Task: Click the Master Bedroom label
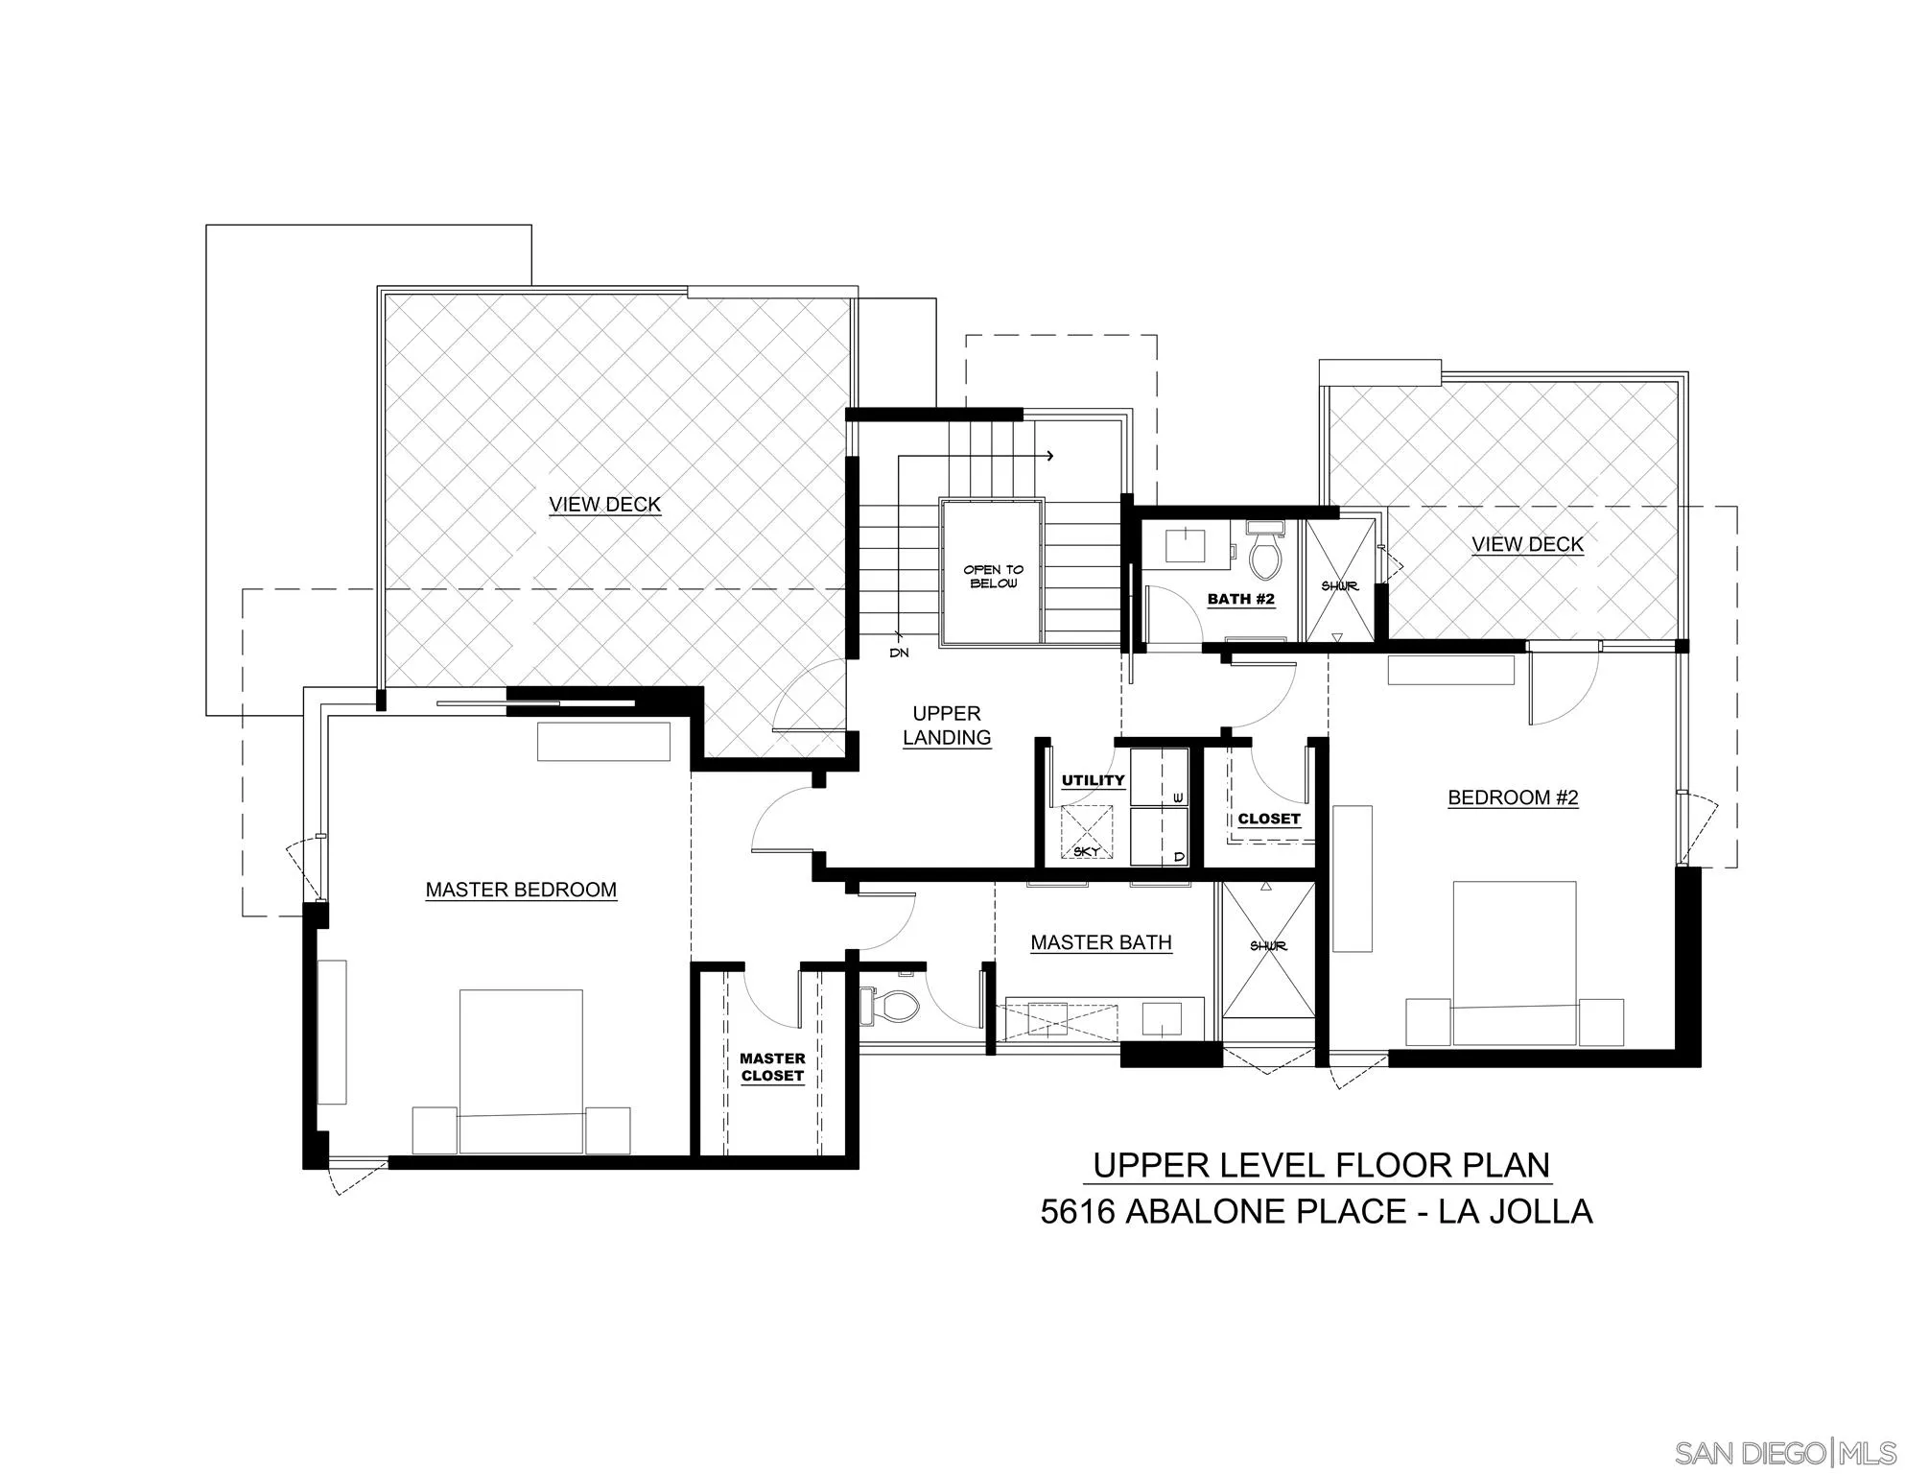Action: click(x=521, y=890)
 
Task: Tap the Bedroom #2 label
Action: click(x=1513, y=797)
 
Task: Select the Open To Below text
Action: click(x=993, y=577)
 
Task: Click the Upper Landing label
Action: click(x=947, y=725)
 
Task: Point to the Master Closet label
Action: click(x=772, y=1067)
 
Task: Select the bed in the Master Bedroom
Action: click(x=521, y=1071)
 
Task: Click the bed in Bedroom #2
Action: click(x=1514, y=963)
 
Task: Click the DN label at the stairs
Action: click(x=899, y=653)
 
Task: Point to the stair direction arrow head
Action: click(x=1051, y=456)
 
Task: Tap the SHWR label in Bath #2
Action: click(x=1340, y=585)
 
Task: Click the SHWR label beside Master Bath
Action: click(x=1268, y=946)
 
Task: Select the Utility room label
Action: click(x=1093, y=780)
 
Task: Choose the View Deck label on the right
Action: click(x=1527, y=544)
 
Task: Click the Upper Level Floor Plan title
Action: click(x=1321, y=1165)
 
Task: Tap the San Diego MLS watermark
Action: click(x=1785, y=1451)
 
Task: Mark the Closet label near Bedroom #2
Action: click(x=1268, y=819)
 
